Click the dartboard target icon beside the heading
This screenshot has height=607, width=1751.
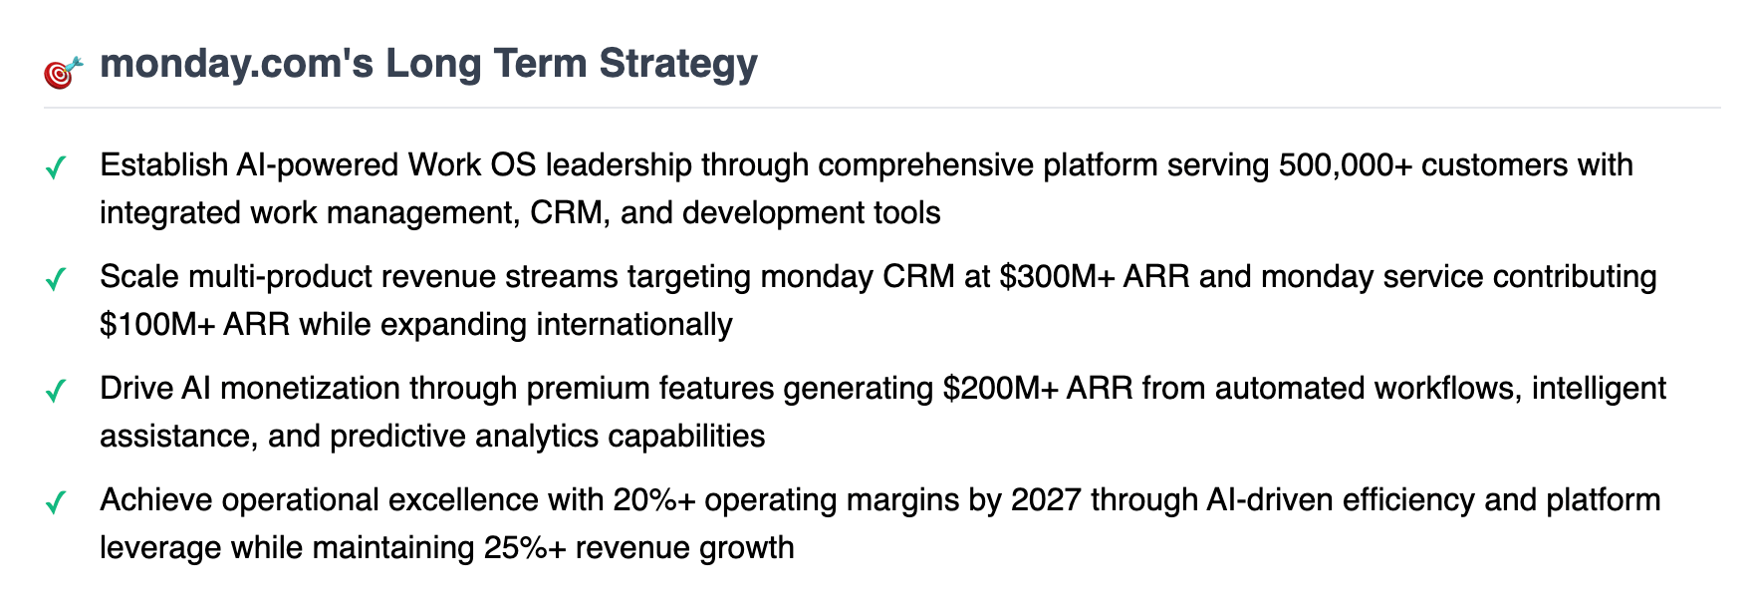click(x=63, y=73)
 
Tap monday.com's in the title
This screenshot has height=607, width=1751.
click(x=237, y=64)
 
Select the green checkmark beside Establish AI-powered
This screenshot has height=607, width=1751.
click(x=56, y=166)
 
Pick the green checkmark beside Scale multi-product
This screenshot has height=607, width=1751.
click(x=56, y=278)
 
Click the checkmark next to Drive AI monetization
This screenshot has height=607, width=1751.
click(x=56, y=390)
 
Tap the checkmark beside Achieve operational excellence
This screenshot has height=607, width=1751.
click(x=56, y=501)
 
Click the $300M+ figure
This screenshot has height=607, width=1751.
click(x=1057, y=276)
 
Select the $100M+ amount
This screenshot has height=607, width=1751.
click(x=157, y=324)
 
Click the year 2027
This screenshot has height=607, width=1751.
click(x=1046, y=499)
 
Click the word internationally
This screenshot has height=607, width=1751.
click(x=634, y=324)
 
